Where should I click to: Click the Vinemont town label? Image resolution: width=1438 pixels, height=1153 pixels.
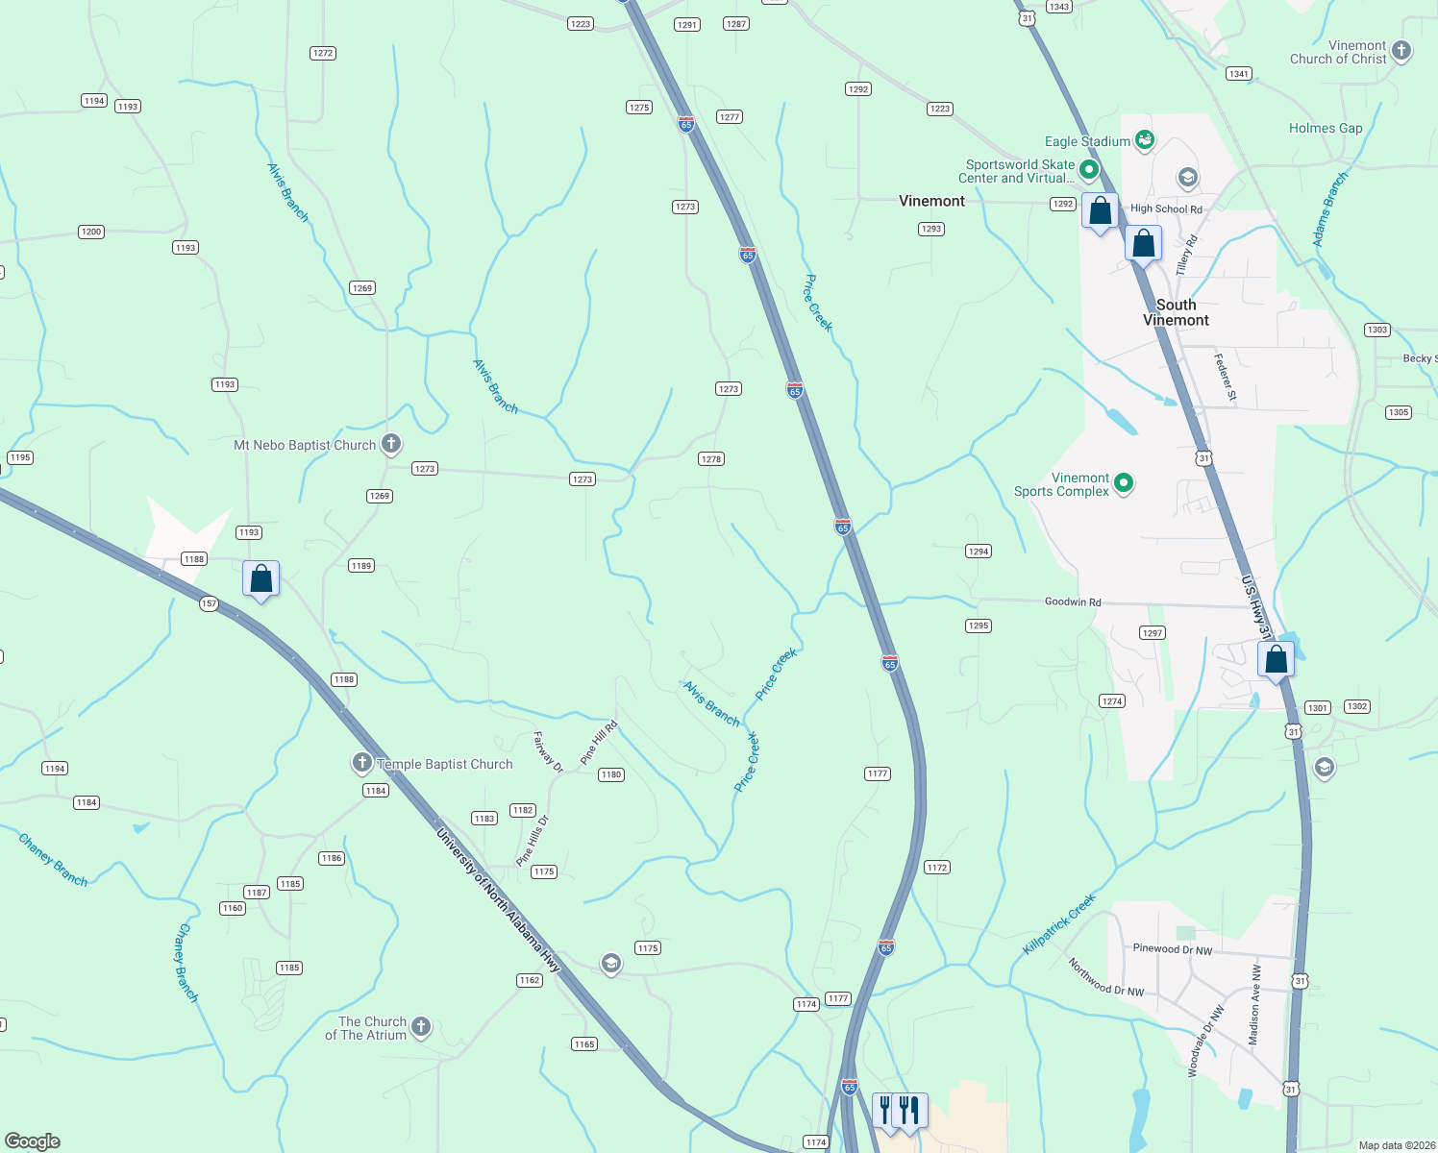(x=931, y=201)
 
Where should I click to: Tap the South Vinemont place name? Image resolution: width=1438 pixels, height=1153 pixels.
(x=1176, y=312)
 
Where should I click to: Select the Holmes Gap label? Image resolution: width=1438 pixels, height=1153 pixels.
(x=1325, y=128)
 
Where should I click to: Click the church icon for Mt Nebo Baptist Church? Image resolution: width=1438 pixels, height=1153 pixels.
(x=390, y=444)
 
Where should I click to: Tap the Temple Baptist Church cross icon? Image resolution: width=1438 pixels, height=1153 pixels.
(x=361, y=764)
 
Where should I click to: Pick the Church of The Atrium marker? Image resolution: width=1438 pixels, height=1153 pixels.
(x=421, y=1027)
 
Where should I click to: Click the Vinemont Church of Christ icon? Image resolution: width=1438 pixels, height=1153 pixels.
(x=1401, y=51)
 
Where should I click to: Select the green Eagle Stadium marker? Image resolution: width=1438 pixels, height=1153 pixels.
(x=1144, y=141)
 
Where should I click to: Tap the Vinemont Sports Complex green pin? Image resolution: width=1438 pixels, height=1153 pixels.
(x=1123, y=483)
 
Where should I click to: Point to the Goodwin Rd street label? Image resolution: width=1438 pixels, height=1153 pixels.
(x=1073, y=601)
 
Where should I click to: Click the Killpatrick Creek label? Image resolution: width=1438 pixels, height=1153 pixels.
(x=1058, y=924)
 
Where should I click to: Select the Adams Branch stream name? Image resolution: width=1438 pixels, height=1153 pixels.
(x=1330, y=209)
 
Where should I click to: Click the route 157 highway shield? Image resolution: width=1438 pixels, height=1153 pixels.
(x=209, y=604)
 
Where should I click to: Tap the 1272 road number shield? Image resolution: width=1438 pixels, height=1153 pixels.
(x=323, y=53)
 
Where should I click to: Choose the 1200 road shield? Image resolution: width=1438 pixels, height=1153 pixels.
(x=91, y=232)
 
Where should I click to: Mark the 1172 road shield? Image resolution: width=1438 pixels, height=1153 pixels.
(x=936, y=867)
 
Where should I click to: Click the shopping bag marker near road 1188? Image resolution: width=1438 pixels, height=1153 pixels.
(x=260, y=579)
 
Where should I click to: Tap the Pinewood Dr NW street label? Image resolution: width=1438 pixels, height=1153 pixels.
(x=1172, y=948)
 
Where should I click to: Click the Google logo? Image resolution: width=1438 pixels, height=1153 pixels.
(x=33, y=1141)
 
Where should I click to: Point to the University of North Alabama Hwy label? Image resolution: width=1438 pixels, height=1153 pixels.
(x=497, y=899)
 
